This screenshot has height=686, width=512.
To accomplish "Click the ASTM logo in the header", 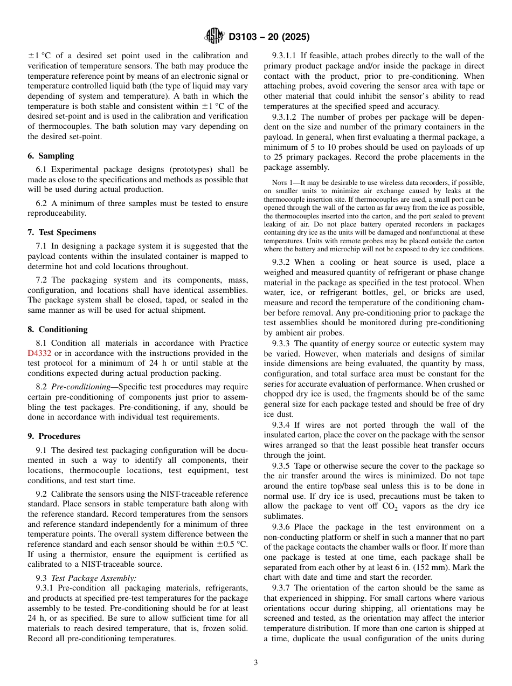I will (215, 37).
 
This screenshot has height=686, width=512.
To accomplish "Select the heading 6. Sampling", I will (51, 156).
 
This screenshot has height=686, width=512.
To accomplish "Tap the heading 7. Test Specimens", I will (61, 232).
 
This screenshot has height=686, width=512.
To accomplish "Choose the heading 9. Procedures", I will (54, 436).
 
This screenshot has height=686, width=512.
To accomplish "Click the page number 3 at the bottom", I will (256, 663).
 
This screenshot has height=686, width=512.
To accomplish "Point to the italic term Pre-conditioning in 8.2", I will (82, 387).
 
